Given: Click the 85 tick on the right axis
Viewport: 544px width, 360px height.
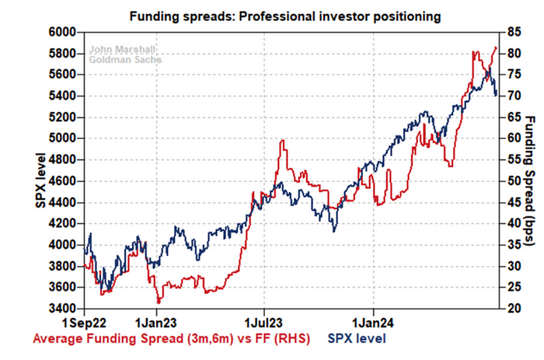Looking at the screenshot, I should (511, 32).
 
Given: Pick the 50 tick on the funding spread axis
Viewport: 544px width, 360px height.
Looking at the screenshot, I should (511, 181).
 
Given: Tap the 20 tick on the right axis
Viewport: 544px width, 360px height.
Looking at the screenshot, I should (511, 309).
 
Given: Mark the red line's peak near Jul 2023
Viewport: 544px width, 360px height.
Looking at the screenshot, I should (282, 141).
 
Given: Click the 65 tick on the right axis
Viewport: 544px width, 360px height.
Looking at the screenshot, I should (511, 117).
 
